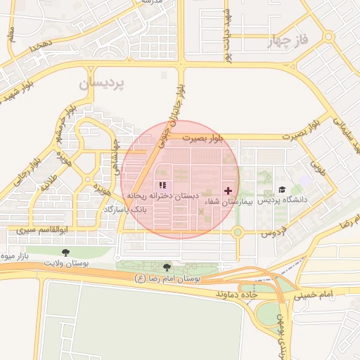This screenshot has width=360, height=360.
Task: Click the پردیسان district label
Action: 101,83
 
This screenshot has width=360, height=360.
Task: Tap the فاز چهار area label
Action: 288,41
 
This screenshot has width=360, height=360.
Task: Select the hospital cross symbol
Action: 228,191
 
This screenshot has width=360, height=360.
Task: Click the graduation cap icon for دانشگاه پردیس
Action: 282,190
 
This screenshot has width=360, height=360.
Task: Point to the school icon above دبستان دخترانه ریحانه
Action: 163,186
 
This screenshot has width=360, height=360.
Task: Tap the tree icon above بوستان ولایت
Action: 66,252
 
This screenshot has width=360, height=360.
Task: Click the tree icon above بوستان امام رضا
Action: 167,267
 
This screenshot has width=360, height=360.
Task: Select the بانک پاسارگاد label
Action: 126,210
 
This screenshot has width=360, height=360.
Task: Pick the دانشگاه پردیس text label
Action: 286,200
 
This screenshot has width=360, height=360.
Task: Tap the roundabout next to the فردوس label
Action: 238,232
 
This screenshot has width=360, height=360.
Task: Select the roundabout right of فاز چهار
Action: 328,37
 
